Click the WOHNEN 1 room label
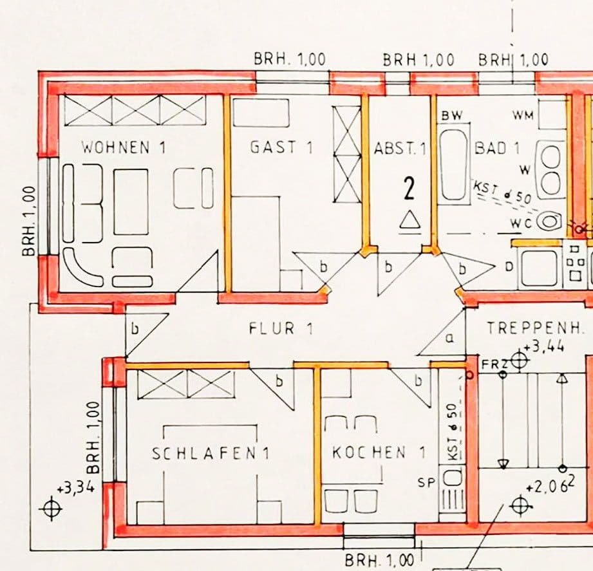tap(124, 147)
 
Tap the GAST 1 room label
tap(281, 147)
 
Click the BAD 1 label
tap(497, 147)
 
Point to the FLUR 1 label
tap(281, 329)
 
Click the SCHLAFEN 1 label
tap(211, 453)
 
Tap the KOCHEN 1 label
tap(379, 453)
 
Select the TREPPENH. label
tap(536, 328)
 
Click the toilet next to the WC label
tap(549, 221)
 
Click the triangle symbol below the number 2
tap(409, 220)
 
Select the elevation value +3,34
tap(75, 488)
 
